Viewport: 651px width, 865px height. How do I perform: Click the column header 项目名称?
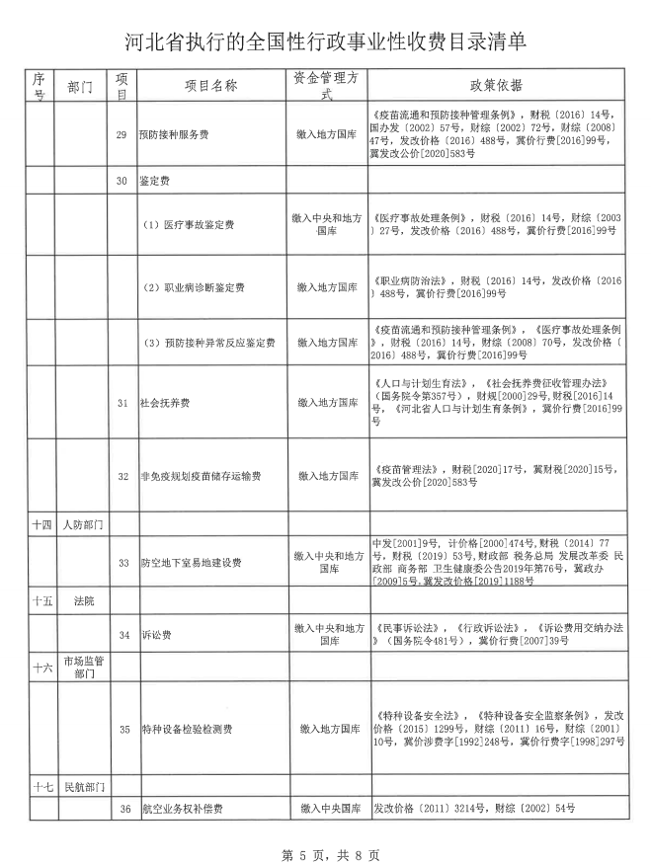(x=211, y=86)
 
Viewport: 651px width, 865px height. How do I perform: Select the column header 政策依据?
(x=497, y=86)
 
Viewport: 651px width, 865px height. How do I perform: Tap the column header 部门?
(x=79, y=87)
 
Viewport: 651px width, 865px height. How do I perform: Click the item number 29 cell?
(x=122, y=134)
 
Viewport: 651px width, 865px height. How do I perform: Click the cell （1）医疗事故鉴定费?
(x=189, y=225)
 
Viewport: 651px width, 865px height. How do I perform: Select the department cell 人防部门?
(x=82, y=522)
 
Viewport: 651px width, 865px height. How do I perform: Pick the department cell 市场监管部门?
(x=82, y=667)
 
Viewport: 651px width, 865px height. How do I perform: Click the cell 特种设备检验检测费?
(x=187, y=730)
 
